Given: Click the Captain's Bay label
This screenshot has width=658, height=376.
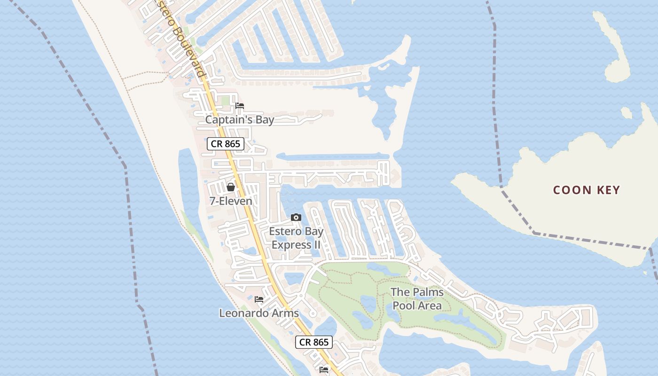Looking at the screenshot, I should (x=239, y=120).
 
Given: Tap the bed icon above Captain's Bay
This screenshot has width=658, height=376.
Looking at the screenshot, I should (x=240, y=106).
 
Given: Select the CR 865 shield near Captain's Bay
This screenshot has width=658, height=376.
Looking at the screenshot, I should (x=226, y=144).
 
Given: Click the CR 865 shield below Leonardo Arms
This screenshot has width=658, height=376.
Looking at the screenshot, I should (x=314, y=342).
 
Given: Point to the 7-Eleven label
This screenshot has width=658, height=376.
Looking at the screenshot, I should (x=231, y=201).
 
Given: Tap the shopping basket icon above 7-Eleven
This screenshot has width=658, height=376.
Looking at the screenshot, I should (x=231, y=187).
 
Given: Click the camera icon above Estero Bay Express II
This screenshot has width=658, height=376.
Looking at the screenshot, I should (x=296, y=217).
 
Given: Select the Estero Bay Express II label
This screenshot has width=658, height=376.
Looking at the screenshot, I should (x=296, y=238).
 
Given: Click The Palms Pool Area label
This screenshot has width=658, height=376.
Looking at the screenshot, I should (x=417, y=299).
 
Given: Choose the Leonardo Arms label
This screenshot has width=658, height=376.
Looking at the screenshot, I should (x=259, y=313).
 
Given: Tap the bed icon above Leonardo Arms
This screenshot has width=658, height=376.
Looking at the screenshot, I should (x=259, y=299).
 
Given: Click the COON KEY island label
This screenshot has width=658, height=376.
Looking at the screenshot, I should (x=587, y=190).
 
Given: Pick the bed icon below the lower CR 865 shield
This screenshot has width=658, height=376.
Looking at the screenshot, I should (x=324, y=369).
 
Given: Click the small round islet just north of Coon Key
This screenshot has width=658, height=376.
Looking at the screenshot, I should (x=626, y=113).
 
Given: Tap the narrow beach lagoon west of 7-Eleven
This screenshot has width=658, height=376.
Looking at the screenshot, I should (x=188, y=183).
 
